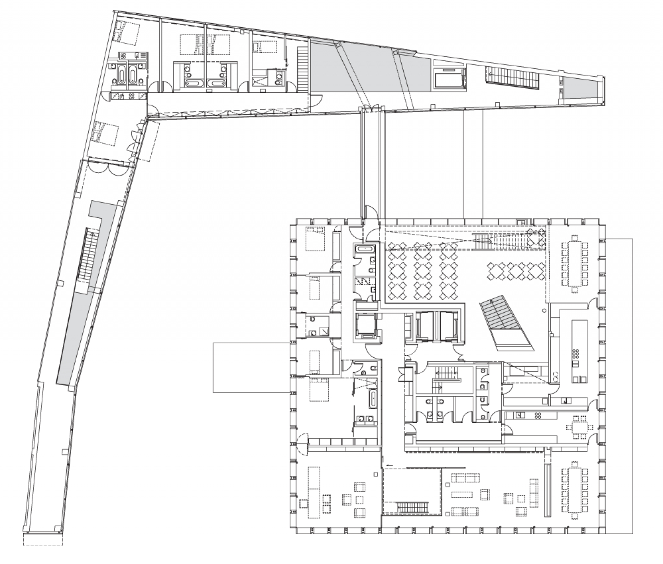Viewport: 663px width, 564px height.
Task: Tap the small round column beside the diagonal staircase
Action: pyautogui.click(x=544, y=310)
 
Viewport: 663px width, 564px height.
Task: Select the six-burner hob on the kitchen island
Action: pyautogui.click(x=576, y=354)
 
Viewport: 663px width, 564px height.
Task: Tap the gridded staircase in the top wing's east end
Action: pyautogui.click(x=513, y=77)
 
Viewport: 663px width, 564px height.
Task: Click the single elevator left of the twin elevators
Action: pyautogui.click(x=364, y=325)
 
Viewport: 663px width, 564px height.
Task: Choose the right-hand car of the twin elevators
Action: pyautogui.click(x=449, y=326)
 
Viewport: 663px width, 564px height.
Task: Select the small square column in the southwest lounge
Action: pyautogui.click(x=375, y=474)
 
